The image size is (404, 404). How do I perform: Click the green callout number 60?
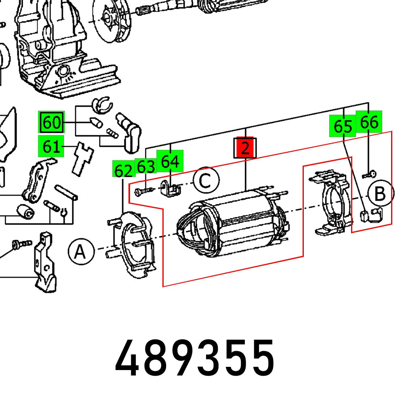pos(51,122)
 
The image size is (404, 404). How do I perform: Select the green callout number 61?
pos(51,147)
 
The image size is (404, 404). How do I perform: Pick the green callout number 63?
pos(146,166)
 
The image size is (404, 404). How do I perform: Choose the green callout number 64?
pos(170,162)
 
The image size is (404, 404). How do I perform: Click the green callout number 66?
pos(368,122)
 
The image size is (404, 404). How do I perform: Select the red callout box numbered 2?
pos(245,148)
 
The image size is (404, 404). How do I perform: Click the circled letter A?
pos(81,252)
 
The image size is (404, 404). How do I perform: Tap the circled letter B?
pos(380,194)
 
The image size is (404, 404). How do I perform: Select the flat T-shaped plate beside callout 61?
pos(82,158)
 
